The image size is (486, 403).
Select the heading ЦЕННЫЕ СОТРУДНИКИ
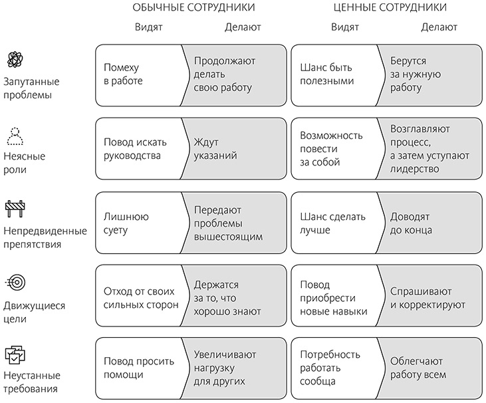(389, 7)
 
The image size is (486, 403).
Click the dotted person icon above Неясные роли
(15, 135)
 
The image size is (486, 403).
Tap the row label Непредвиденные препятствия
(45, 237)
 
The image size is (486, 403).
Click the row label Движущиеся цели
(35, 312)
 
